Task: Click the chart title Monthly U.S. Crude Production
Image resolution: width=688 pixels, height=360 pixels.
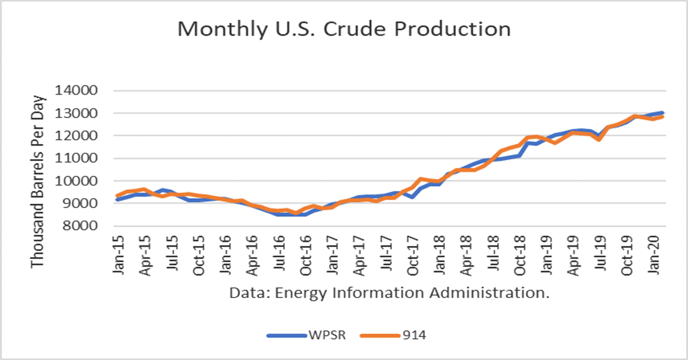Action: pos(344,29)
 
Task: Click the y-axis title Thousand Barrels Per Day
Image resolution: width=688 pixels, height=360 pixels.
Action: pos(38,181)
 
